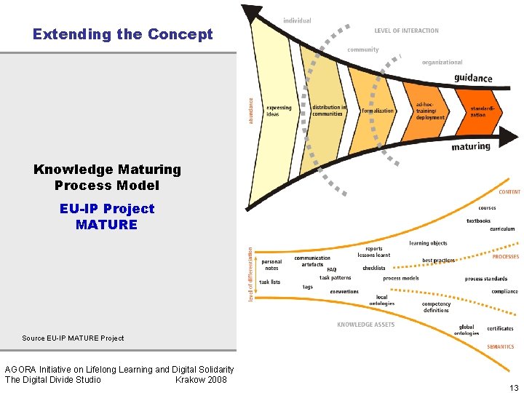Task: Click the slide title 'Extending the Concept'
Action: pos(123,34)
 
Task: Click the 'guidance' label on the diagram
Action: pos(473,79)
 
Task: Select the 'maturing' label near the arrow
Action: pos(471,146)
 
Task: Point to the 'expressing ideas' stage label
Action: pos(279,111)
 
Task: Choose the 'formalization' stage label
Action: pos(377,111)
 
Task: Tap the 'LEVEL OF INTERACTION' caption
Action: pos(407,31)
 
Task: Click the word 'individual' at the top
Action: pos(297,20)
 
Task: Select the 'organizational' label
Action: pos(442,63)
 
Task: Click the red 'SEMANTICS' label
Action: pos(500,346)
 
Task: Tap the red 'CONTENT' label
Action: pos(509,192)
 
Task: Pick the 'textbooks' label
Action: pos(478,221)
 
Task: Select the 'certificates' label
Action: pos(500,328)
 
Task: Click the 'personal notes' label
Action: pos(271,265)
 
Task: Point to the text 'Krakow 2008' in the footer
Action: pos(201,379)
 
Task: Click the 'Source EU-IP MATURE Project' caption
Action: pos(73,338)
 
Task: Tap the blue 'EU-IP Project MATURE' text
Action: pos(106,217)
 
